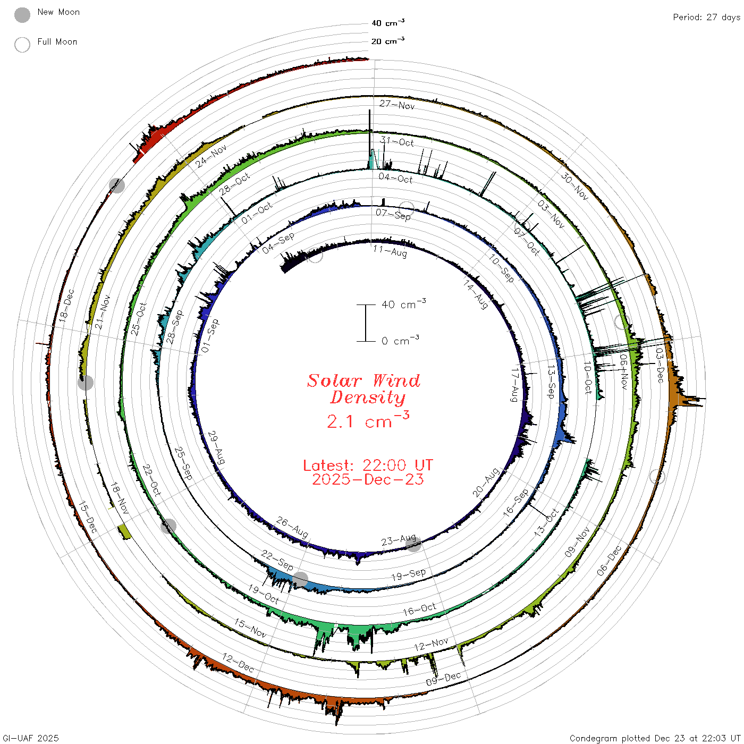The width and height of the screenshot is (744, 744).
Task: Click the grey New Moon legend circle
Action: [x=22, y=15]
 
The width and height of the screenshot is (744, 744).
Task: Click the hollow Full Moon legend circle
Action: [x=22, y=45]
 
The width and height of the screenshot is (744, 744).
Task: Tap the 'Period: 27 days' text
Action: [x=707, y=18]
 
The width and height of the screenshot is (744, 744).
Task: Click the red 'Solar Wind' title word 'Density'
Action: [x=368, y=398]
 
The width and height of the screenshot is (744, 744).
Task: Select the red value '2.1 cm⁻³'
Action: [x=368, y=420]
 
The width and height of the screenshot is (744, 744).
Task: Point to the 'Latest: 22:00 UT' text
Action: [x=368, y=465]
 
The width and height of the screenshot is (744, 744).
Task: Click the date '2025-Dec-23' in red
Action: [x=368, y=479]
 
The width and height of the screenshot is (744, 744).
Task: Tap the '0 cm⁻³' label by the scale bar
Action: [x=400, y=340]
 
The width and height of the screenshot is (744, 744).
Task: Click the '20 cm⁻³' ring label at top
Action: [x=387, y=40]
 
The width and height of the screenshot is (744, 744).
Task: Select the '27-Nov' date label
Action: [x=397, y=105]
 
